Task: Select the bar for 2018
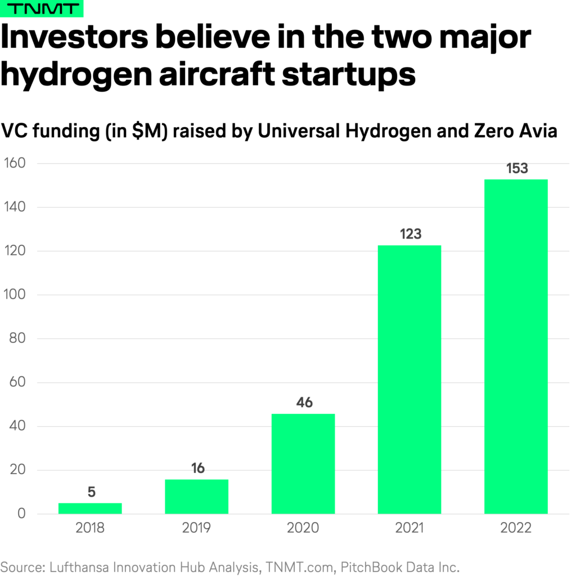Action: click(90, 508)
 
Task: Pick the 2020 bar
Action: click(303, 463)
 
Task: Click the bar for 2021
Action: click(409, 380)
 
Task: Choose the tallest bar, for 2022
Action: click(516, 346)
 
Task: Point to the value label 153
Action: click(516, 168)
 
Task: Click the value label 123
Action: click(409, 234)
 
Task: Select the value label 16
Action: click(196, 469)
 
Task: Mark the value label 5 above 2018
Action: click(91, 492)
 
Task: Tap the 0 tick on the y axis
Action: click(21, 514)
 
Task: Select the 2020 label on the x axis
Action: click(303, 529)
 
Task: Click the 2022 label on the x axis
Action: click(516, 529)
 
